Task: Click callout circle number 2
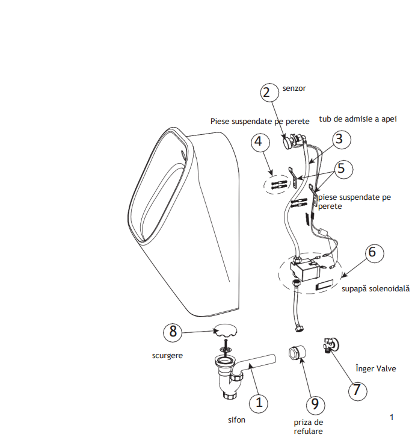pyautogui.click(x=269, y=92)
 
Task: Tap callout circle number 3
pyautogui.click(x=342, y=139)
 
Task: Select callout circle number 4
pyautogui.click(x=260, y=141)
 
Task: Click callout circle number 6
pyautogui.click(x=375, y=253)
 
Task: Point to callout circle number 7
pyautogui.click(x=358, y=391)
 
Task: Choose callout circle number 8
pyautogui.click(x=173, y=332)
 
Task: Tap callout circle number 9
pyautogui.click(x=315, y=404)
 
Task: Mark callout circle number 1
pyautogui.click(x=259, y=403)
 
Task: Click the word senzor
pyautogui.click(x=294, y=88)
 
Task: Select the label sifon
pyautogui.click(x=236, y=420)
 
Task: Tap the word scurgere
pyautogui.click(x=167, y=356)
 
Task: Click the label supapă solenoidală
pyautogui.click(x=375, y=289)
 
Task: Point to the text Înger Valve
pyautogui.click(x=376, y=368)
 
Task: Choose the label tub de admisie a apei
pyautogui.click(x=358, y=119)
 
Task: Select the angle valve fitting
pyautogui.click(x=331, y=345)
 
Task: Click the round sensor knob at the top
pyautogui.click(x=287, y=143)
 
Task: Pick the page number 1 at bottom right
pyautogui.click(x=392, y=417)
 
